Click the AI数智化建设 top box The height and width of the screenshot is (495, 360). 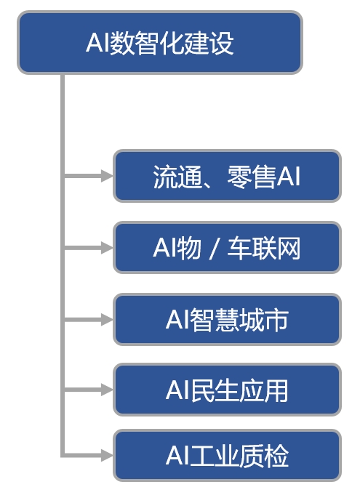coord(160,43)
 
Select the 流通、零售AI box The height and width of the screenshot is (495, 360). coord(227,176)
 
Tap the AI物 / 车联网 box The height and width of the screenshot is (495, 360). coord(227,248)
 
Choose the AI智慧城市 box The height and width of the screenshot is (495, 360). coord(227,320)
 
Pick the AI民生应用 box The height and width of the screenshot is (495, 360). coord(227,390)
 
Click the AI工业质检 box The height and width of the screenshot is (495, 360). coord(227,455)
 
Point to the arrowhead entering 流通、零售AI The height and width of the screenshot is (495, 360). coord(107,176)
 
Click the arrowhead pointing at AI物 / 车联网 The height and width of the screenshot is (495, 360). coord(107,247)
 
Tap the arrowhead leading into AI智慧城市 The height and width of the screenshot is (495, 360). coord(107,320)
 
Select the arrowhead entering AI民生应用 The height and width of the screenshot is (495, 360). coord(107,390)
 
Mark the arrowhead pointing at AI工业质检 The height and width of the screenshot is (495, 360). coord(107,455)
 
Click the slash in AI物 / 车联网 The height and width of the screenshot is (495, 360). coord(214,249)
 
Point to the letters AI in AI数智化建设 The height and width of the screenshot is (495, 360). coord(97,43)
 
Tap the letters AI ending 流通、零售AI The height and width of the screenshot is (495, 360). coord(288,177)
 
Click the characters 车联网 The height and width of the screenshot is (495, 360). coord(264,249)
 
